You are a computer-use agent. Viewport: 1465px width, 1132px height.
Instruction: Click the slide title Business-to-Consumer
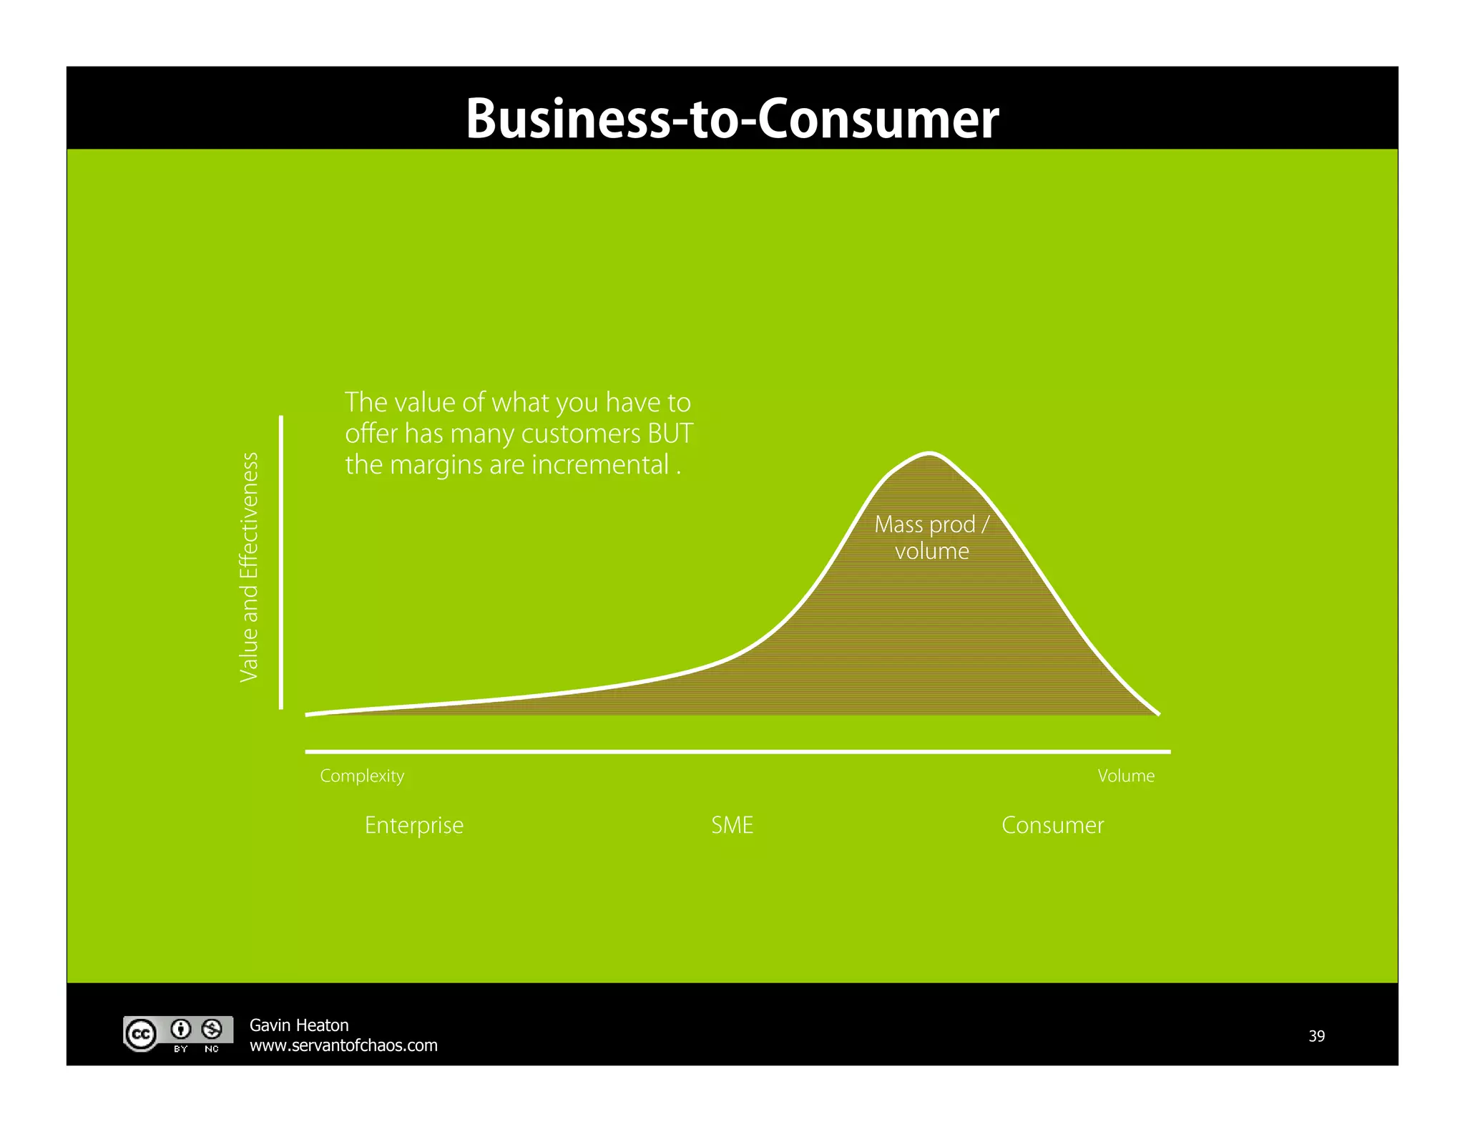[x=732, y=118]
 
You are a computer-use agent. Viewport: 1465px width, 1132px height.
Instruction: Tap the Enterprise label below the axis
[x=414, y=825]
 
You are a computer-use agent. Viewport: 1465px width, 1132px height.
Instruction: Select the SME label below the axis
[x=732, y=825]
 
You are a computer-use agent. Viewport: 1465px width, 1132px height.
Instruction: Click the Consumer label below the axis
[x=1052, y=825]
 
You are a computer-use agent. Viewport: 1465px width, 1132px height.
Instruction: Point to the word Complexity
[x=362, y=776]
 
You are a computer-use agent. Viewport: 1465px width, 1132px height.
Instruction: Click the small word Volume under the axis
[x=1126, y=776]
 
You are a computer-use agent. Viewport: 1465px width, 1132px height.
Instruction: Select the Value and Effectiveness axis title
[x=248, y=567]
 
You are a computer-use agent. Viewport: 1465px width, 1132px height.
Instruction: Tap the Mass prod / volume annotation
[x=931, y=537]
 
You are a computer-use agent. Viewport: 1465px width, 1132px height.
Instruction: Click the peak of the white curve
[x=929, y=453]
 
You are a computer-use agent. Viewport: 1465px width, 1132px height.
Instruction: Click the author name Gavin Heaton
[x=299, y=1025]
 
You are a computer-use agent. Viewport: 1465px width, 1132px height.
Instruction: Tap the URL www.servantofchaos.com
[x=343, y=1045]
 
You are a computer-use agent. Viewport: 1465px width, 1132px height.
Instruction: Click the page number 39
[x=1316, y=1035]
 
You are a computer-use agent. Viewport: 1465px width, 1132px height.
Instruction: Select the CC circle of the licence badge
[x=141, y=1034]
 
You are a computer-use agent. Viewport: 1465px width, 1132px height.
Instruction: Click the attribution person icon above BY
[x=181, y=1029]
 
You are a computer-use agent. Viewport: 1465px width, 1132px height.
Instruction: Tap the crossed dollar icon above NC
[x=212, y=1029]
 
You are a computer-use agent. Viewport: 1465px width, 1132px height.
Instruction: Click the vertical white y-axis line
[x=281, y=562]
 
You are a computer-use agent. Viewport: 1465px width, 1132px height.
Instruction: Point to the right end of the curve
[x=1158, y=713]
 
